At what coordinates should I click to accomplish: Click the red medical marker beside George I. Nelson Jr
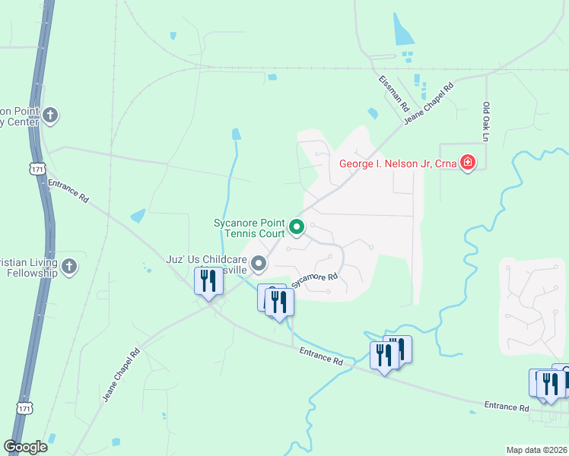467,163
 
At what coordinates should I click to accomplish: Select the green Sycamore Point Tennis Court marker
297,226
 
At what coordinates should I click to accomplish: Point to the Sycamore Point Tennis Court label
249,226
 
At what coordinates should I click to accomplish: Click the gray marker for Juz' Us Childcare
259,264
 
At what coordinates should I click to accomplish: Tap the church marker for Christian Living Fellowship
68,265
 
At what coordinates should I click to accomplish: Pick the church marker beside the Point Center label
50,116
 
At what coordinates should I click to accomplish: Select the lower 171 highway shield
24,408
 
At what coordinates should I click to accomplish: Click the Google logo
25,447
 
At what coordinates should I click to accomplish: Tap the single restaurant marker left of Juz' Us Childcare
208,280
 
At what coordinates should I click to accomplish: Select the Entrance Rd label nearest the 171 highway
68,189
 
